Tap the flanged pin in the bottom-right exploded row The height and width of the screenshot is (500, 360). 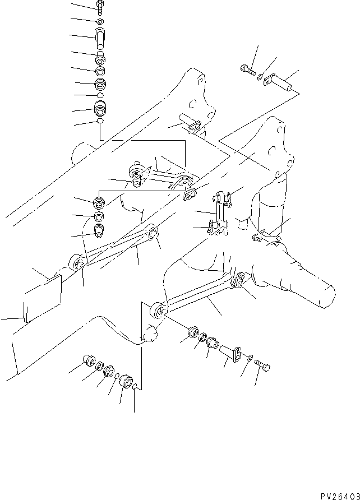230,353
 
